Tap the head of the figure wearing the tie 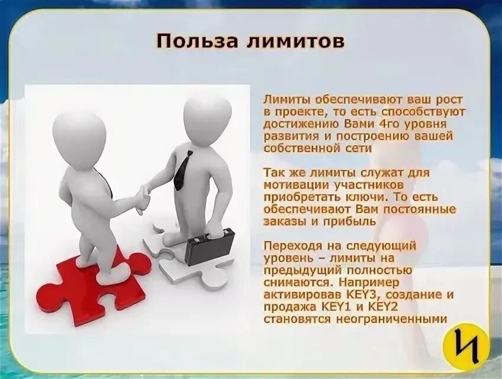pos(207,118)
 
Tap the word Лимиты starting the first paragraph pos(284,99)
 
